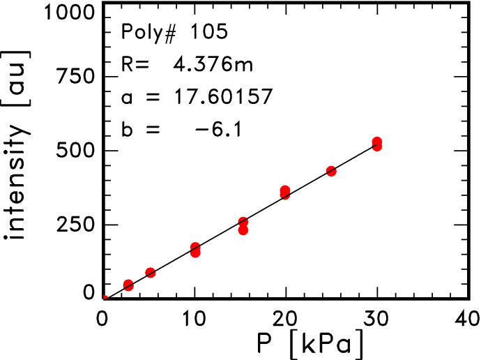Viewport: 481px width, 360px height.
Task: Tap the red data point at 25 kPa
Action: [331, 171]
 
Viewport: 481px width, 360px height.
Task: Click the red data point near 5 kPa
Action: [150, 273]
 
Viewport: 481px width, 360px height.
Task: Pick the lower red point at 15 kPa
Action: [243, 230]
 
